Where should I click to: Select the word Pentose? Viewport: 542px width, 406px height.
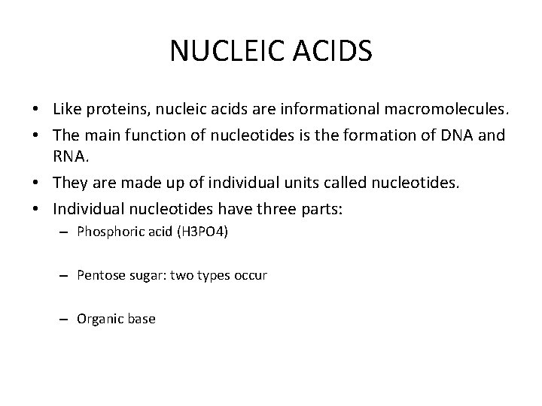(x=101, y=276)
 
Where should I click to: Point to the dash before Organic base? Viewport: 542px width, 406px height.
(x=65, y=320)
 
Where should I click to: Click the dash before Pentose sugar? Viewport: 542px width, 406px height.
(x=65, y=276)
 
